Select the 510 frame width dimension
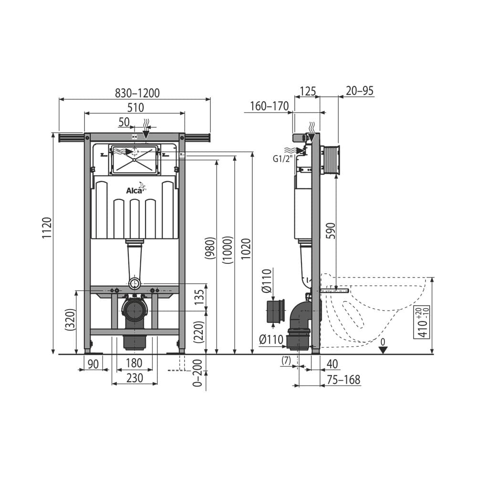tap(135, 108)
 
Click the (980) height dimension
tap(210, 249)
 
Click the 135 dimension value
tap(200, 298)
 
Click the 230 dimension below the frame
tap(135, 378)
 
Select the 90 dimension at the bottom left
tap(93, 364)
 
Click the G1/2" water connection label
tap(282, 159)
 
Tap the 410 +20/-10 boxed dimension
tap(422, 322)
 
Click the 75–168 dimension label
tap(343, 380)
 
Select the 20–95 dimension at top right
tap(360, 91)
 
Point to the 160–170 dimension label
tap(270, 106)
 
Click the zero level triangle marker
tap(383, 350)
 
